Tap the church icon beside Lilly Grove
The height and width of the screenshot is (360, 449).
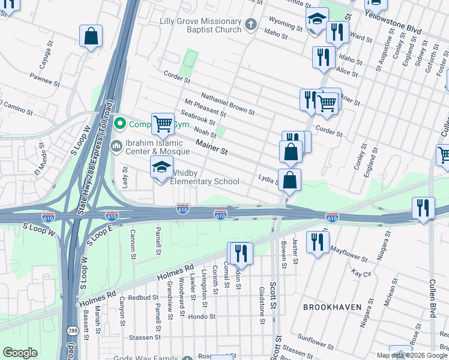click(251, 25)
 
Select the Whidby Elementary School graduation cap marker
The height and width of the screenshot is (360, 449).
click(162, 168)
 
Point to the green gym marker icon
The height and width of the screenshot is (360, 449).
click(120, 124)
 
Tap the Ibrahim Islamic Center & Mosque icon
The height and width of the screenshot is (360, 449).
click(116, 145)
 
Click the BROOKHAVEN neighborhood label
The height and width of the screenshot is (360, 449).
click(332, 307)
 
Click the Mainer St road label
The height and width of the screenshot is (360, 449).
click(212, 145)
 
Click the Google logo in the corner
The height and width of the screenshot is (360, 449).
click(20, 353)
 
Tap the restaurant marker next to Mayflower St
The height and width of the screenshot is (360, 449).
click(317, 242)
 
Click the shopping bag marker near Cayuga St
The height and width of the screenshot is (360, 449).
click(91, 37)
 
